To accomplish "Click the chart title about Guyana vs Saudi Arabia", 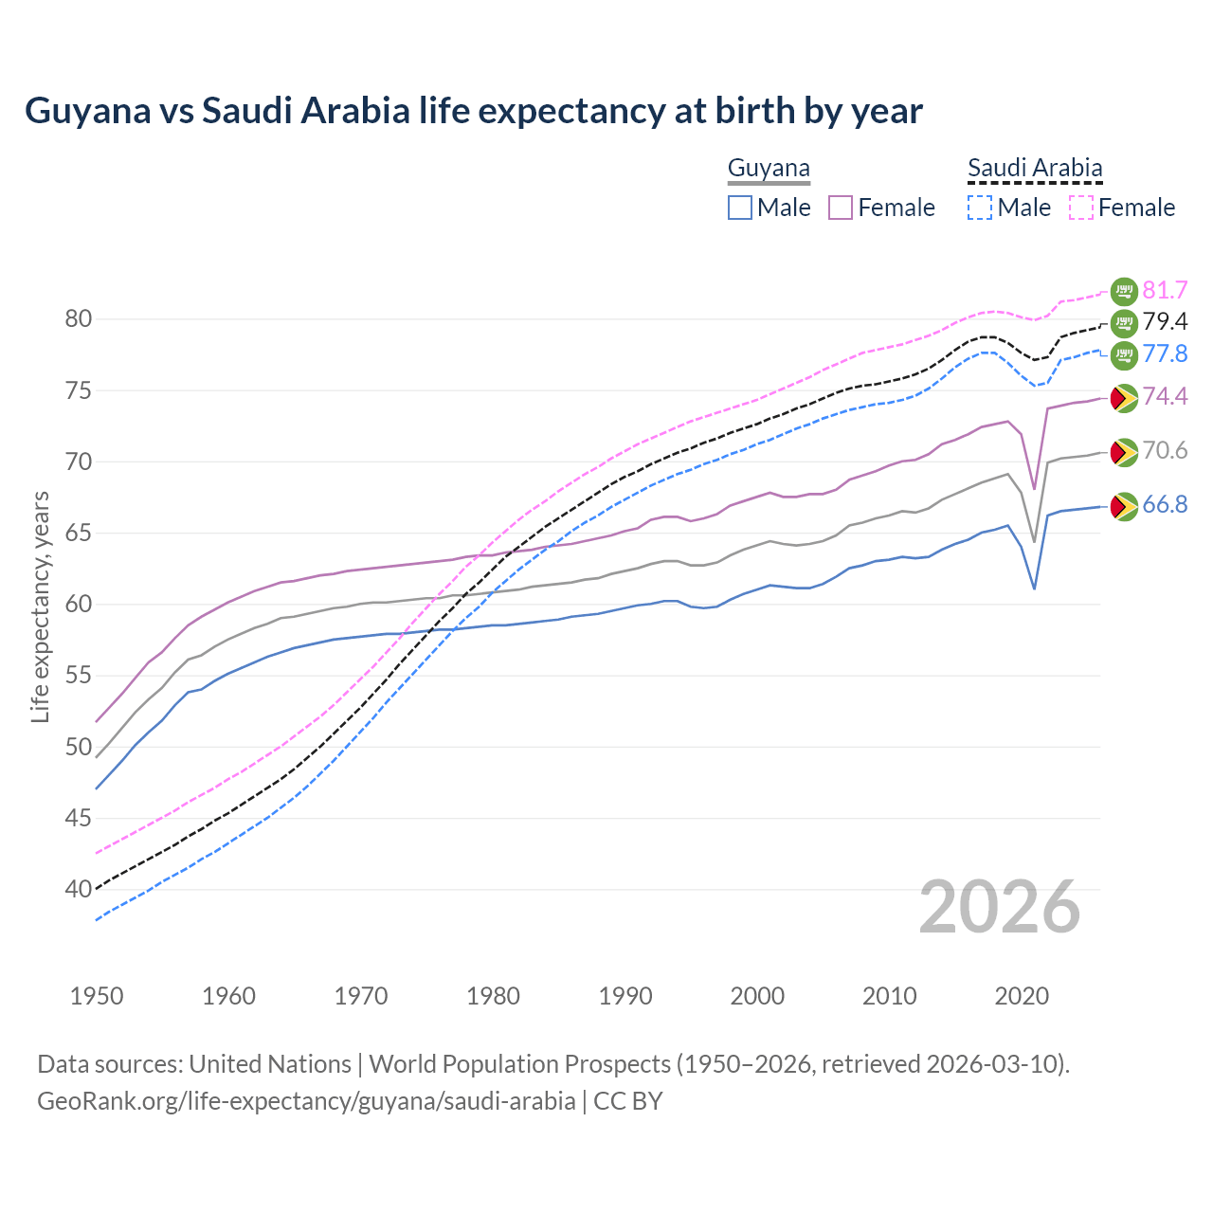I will pyautogui.click(x=473, y=111).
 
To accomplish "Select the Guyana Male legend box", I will pyautogui.click(x=740, y=208).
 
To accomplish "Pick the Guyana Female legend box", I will pyautogui.click(x=842, y=208).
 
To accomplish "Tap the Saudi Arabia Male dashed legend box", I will pyautogui.click(x=980, y=208).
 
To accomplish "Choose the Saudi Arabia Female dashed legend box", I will pyautogui.click(x=1081, y=208).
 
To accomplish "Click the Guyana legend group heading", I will pyautogui.click(x=769, y=169).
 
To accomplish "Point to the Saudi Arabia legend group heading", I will pyautogui.click(x=1035, y=169).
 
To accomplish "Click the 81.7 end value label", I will pyautogui.click(x=1165, y=290).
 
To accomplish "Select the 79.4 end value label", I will pyautogui.click(x=1165, y=322).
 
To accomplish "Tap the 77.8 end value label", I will pyautogui.click(x=1165, y=354).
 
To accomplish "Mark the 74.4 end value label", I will pyautogui.click(x=1165, y=396).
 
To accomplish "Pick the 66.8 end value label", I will pyautogui.click(x=1165, y=505).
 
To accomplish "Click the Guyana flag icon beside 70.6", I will pyautogui.click(x=1124, y=452).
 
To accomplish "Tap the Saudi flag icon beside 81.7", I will pyautogui.click(x=1124, y=291).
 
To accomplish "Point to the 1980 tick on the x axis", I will pyautogui.click(x=493, y=996).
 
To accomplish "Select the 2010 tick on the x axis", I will pyautogui.click(x=889, y=996).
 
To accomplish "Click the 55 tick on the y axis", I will pyautogui.click(x=79, y=676).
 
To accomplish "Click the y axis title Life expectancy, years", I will pyautogui.click(x=40, y=606).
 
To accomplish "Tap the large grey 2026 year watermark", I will pyautogui.click(x=1000, y=907).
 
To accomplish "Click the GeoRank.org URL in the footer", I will pyautogui.click(x=306, y=1101).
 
